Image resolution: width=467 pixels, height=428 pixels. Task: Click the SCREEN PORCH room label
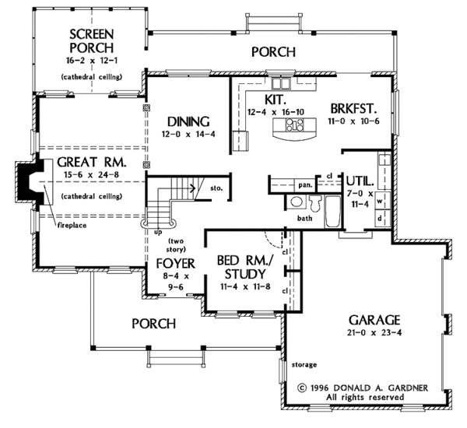tap(92, 40)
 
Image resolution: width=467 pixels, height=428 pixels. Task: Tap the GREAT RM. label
tap(92, 163)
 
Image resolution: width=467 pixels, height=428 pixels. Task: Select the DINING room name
tap(188, 122)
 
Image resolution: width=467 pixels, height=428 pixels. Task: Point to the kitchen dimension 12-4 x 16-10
tap(276, 112)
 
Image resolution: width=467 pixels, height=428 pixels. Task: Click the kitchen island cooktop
tap(294, 125)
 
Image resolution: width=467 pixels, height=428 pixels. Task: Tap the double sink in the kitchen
tap(280, 83)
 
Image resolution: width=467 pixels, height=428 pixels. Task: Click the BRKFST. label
tap(354, 109)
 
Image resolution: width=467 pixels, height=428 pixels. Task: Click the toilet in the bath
tap(315, 203)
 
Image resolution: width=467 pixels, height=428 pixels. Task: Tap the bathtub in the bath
tap(332, 212)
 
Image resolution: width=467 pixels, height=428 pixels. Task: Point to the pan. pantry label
tap(305, 185)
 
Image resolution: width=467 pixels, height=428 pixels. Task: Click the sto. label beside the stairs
tap(216, 188)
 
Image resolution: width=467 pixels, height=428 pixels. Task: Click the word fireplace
tap(72, 225)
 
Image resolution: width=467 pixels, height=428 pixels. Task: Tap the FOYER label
tap(176, 264)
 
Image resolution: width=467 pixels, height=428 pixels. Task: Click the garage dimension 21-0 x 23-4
tap(374, 332)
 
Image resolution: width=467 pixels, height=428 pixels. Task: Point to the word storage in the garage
tap(304, 364)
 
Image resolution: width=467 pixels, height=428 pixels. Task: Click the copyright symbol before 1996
tap(302, 388)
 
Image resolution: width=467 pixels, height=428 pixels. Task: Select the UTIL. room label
tap(360, 181)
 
